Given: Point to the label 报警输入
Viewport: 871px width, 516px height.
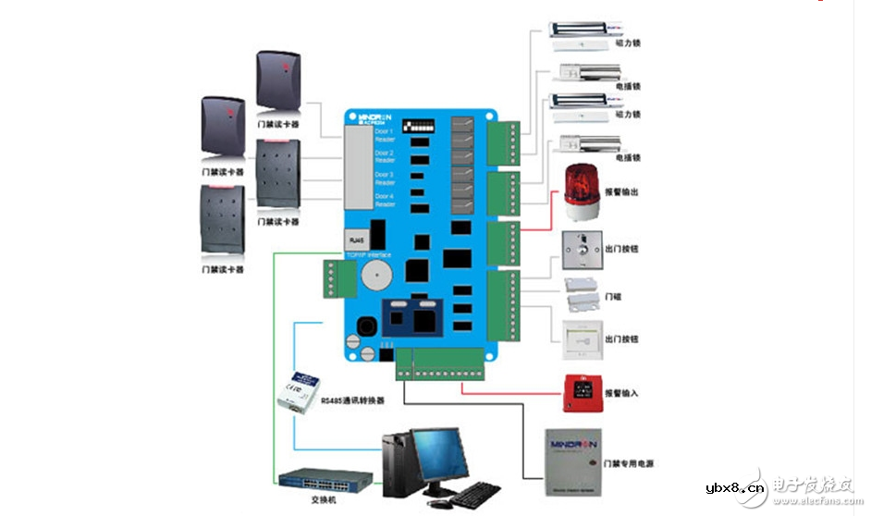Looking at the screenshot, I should click(x=621, y=393).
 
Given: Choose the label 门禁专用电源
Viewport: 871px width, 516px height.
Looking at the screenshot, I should click(x=629, y=462).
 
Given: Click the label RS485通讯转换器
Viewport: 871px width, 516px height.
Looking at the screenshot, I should click(x=352, y=399).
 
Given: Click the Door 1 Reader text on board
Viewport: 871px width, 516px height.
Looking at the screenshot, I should click(x=385, y=135).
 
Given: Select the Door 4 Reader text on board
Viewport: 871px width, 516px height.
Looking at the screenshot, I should click(x=385, y=200).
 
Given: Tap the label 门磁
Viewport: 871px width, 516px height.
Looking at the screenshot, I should click(x=612, y=297).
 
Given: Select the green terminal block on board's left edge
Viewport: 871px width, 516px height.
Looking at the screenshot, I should click(x=336, y=276).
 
